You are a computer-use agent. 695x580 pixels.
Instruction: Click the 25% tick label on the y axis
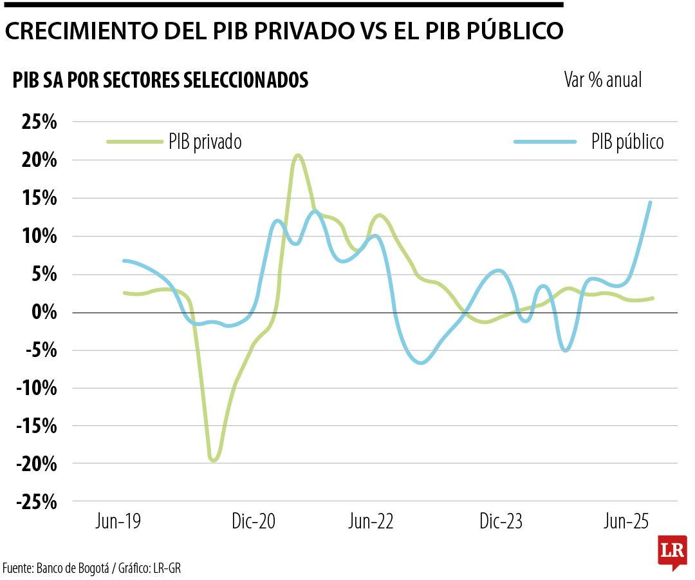coord(41,122)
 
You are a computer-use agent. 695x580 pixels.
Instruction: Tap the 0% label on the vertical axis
coord(45,313)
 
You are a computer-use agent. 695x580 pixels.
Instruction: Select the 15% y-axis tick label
coord(41,198)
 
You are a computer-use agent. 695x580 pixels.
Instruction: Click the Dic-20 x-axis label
coord(253,521)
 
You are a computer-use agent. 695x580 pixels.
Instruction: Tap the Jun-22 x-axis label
coord(371,521)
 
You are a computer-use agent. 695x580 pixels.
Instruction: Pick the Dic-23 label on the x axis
coord(501,521)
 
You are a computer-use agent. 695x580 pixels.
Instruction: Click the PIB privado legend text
coord(205,142)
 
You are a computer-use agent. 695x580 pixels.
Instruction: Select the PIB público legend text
coord(627,142)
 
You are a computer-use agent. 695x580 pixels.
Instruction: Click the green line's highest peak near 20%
coord(297,155)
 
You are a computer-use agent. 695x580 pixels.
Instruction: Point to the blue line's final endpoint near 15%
coord(650,202)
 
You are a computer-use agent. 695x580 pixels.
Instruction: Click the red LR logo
coord(672,552)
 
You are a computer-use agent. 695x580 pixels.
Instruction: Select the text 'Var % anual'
coord(602,80)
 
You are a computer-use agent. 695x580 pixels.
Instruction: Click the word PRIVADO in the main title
coord(290,31)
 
